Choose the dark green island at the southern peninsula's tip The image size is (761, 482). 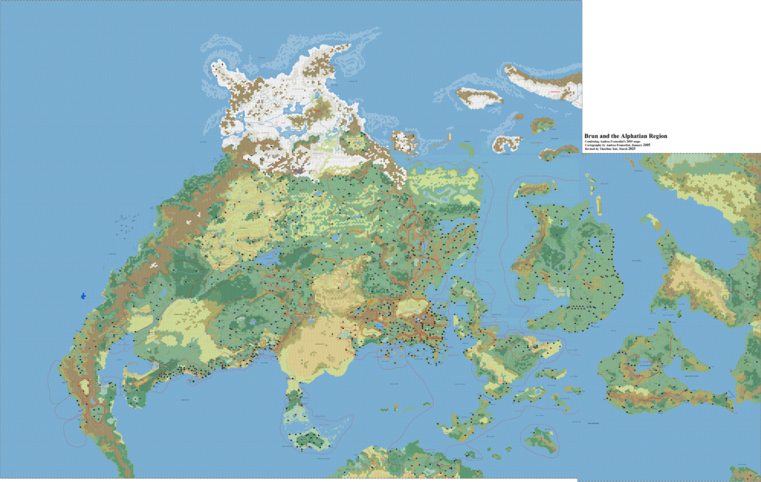coord(308,437)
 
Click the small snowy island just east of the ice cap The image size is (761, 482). coord(404,141)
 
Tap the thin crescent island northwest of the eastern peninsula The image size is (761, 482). coord(653,221)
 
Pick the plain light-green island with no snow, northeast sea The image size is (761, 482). coord(467,149)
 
